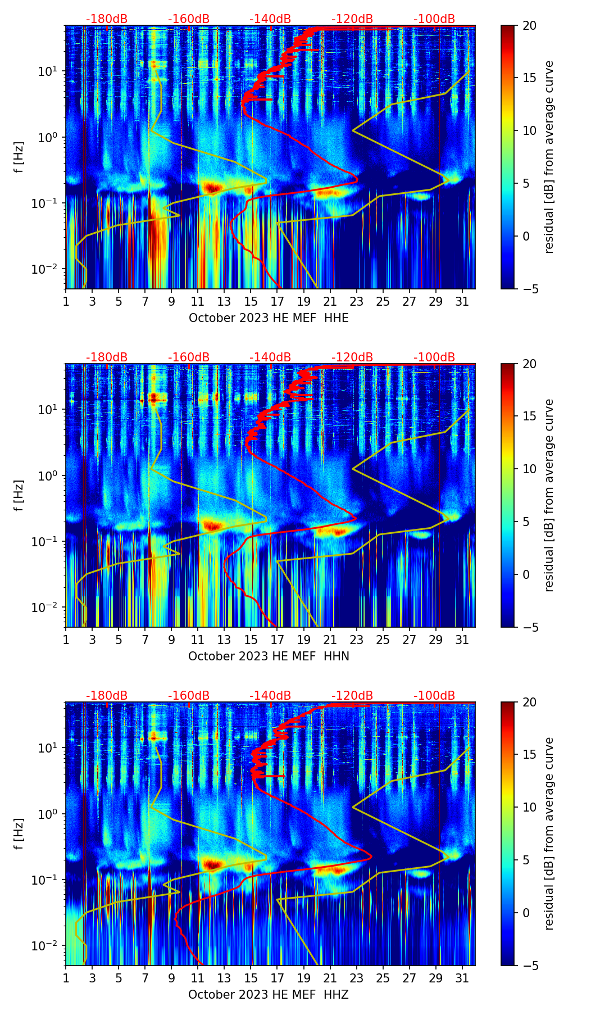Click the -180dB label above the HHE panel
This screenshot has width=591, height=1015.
click(107, 19)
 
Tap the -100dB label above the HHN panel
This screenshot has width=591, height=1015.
click(434, 357)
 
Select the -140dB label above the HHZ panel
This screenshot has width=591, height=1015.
click(270, 696)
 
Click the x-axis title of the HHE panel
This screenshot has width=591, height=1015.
click(269, 318)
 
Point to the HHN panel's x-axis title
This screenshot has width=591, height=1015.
click(269, 656)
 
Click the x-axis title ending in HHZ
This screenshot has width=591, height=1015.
click(269, 995)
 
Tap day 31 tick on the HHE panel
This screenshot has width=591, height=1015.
click(462, 301)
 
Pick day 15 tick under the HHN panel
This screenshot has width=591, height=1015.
click(251, 640)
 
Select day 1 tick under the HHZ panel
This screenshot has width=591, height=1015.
click(66, 978)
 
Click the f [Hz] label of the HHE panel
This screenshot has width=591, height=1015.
click(19, 157)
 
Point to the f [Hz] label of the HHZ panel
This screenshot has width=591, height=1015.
click(19, 834)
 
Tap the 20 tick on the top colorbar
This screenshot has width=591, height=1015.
click(529, 25)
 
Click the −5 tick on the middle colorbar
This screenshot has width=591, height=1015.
click(529, 627)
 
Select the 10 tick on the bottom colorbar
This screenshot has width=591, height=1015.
click(529, 808)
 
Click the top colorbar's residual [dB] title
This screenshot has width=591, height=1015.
click(549, 157)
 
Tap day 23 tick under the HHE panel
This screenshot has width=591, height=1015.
click(356, 301)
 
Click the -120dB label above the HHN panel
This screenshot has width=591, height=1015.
click(352, 357)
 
